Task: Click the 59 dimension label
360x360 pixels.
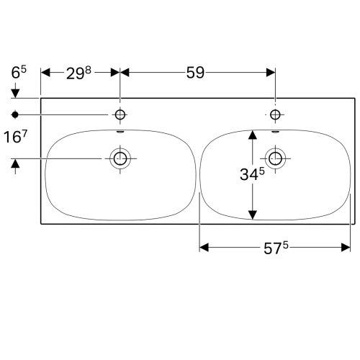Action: [195, 73]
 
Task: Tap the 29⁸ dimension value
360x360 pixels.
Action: [78, 73]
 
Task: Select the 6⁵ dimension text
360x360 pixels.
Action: [19, 72]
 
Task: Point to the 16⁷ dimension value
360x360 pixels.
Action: [15, 138]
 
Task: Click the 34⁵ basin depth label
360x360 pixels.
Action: [252, 174]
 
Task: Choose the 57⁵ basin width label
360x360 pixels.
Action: [276, 248]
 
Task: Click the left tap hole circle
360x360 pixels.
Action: [120, 114]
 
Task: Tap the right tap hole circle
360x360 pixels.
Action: [275, 114]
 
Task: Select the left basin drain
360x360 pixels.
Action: [120, 158]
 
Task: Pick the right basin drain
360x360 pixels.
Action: [275, 158]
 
